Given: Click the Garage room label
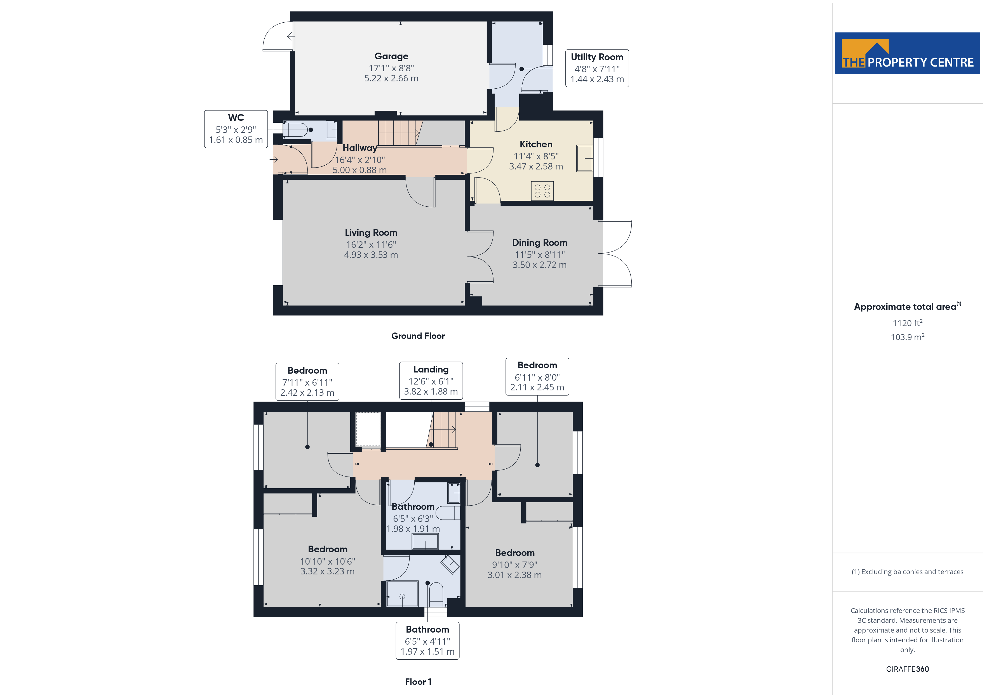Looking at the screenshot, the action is (x=391, y=56).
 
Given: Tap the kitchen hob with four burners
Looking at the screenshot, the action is (x=542, y=191).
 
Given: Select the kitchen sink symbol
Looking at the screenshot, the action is (x=585, y=158).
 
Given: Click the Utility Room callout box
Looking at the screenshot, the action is (x=597, y=68).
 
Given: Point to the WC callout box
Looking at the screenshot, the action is (x=236, y=129).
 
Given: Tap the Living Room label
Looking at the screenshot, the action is (x=371, y=232).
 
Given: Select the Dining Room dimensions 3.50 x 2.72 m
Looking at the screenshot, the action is (x=539, y=265).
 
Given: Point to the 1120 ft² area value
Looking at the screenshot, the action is (x=908, y=323).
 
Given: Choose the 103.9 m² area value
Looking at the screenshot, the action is (x=908, y=337).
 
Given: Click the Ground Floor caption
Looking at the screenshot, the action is (x=418, y=336).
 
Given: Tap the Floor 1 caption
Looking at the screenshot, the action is (x=418, y=682).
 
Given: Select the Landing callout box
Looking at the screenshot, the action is (x=431, y=381).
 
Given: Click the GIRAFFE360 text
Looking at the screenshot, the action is (x=908, y=669).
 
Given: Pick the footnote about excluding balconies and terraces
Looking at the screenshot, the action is (x=908, y=572).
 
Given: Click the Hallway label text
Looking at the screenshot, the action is (x=360, y=148).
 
